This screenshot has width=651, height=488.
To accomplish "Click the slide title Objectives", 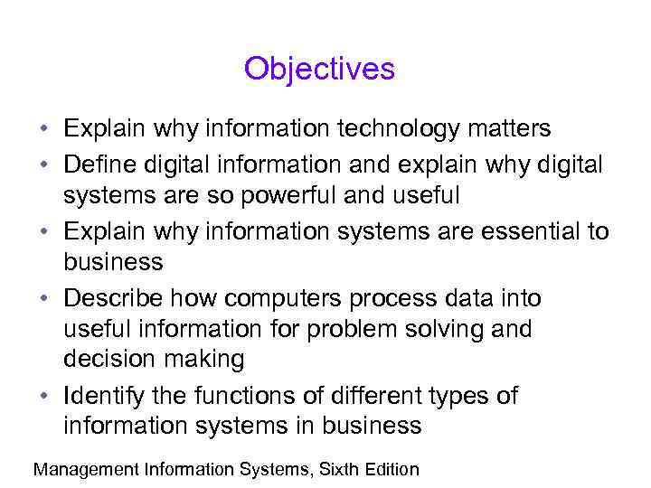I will pos(319,69).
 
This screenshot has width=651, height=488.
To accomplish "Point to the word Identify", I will pos(104,396).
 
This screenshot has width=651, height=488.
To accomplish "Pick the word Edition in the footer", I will pos(391,469).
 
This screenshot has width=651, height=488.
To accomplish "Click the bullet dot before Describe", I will pos(43,298).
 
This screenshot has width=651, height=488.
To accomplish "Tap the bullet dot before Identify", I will pos(43,397).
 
